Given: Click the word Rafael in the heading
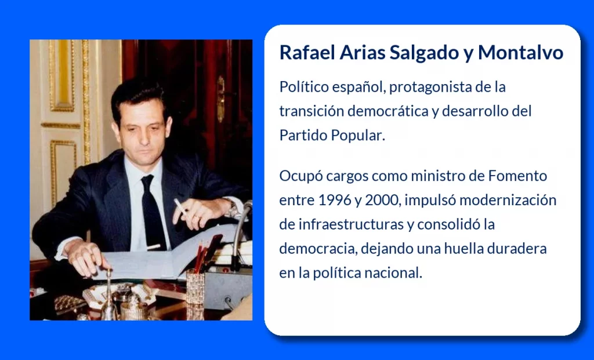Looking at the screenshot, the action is point(307,52).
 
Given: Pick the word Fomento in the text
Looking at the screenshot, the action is point(517,176).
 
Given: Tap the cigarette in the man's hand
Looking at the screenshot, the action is point(180,207).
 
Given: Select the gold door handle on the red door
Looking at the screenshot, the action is point(220,99).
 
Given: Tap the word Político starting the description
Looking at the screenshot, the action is point(304,87).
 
